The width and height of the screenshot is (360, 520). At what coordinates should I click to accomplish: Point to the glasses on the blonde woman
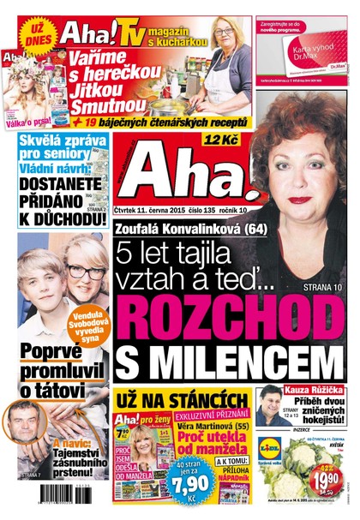click(85, 272)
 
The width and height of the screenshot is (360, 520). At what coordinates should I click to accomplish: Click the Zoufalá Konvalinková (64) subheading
click(180, 228)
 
